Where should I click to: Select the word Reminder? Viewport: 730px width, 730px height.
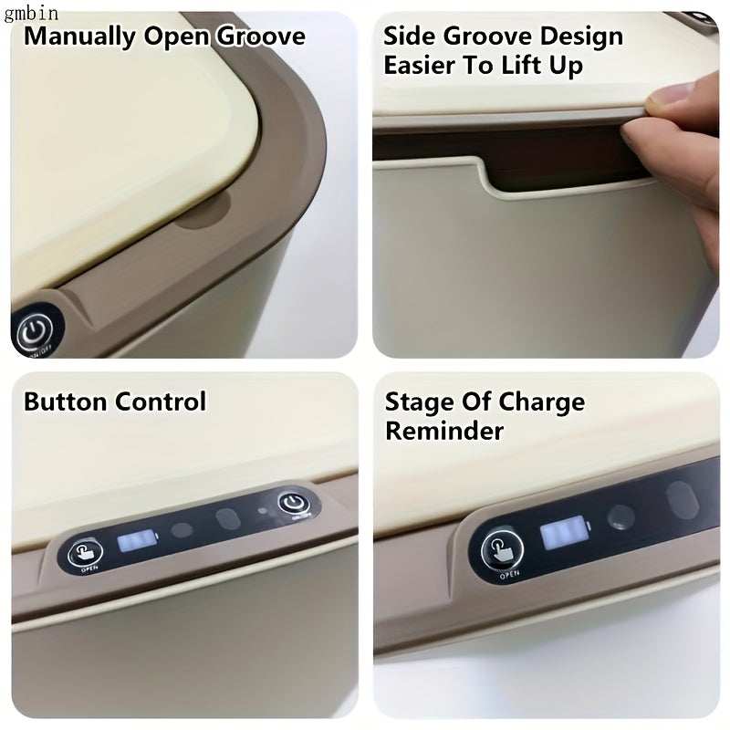(x=443, y=431)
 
